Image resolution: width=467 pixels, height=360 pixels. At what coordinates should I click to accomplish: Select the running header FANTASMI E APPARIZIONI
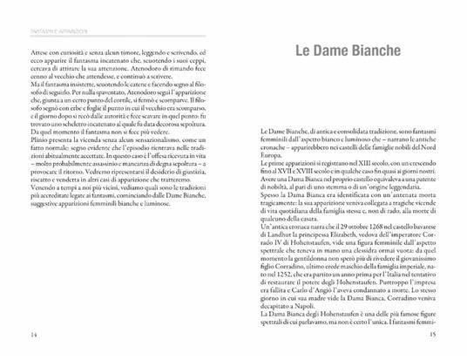pos(50,36)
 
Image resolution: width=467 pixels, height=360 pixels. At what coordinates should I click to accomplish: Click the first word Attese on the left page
pos(37,54)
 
